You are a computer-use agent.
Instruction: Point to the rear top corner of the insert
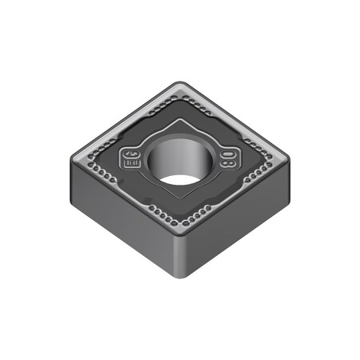[183, 85]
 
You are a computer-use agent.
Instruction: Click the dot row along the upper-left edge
[124, 120]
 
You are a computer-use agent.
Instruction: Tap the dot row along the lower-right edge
[240, 192]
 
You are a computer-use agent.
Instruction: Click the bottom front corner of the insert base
[182, 277]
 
